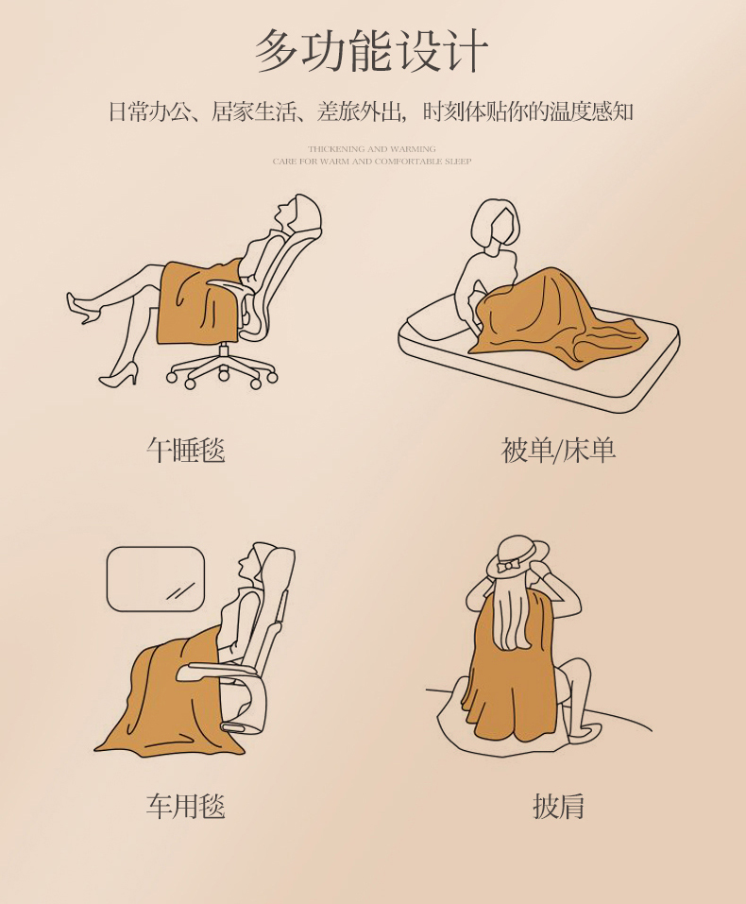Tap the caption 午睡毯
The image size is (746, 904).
point(186,450)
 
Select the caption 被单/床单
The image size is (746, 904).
point(558,450)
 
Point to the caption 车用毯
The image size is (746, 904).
point(186,806)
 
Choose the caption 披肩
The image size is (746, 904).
point(558,806)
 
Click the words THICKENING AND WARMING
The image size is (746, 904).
point(372,149)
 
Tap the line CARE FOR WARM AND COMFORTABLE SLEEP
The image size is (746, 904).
point(372,162)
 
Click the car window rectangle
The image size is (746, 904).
point(156,578)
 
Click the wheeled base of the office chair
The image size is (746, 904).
point(223,371)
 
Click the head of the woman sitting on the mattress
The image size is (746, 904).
point(496,223)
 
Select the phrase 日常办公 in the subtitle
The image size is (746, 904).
point(142,112)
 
